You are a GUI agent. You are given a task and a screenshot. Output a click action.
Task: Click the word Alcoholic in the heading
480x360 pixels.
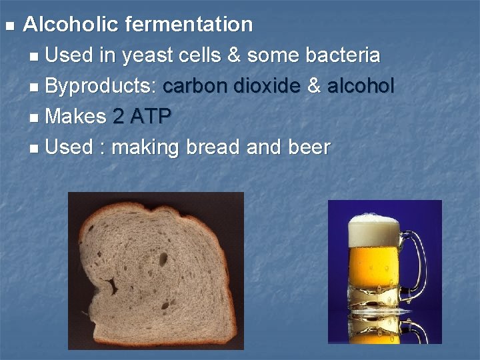[71, 25]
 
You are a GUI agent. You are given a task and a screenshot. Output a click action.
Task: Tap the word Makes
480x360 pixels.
[76, 117]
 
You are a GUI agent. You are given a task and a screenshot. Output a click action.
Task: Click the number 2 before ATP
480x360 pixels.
[118, 117]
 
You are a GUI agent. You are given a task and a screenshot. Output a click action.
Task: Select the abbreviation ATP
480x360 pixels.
[151, 117]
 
